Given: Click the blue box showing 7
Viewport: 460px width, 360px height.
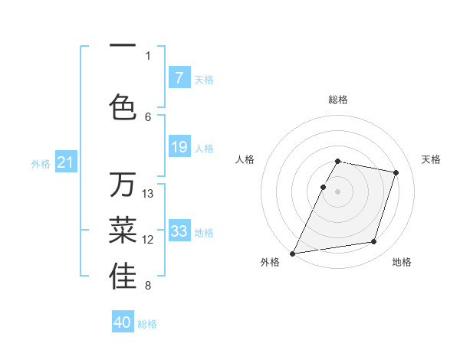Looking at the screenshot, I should point(179,77).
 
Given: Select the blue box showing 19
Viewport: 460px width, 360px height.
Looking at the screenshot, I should point(179,147).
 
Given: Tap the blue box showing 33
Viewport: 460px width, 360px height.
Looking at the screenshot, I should point(179,231).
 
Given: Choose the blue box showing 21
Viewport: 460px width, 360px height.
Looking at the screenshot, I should point(65,162).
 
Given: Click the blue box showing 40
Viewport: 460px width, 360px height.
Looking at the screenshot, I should point(123,322).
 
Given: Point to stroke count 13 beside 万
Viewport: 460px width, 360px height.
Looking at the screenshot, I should point(148,193).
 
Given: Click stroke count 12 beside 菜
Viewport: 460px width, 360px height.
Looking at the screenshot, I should point(148,239).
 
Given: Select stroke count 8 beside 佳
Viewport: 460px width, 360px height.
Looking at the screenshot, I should point(148,286).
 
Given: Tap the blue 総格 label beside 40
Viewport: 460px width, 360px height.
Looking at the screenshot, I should point(147,324).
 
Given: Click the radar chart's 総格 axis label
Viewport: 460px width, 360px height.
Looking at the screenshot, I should point(338,100).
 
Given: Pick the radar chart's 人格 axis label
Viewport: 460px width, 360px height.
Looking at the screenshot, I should point(245,159).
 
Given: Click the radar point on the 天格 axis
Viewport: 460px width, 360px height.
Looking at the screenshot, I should point(396,173).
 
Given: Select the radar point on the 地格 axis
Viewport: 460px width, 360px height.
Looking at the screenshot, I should point(373,242).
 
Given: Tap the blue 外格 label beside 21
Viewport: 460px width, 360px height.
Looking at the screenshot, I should point(41,164).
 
